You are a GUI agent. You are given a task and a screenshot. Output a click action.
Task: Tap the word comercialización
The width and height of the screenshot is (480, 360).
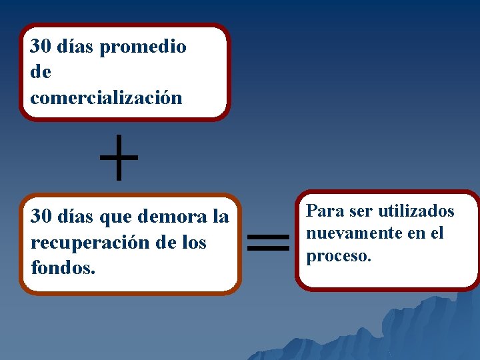[x=106, y=98]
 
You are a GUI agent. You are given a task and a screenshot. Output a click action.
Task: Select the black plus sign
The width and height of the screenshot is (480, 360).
[x=119, y=158]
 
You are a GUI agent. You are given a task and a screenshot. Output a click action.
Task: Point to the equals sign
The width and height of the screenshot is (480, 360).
[x=268, y=241]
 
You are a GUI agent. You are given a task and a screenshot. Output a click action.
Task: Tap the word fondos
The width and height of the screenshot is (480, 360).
[x=63, y=268]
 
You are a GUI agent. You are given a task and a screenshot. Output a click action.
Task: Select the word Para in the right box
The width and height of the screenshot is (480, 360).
[x=321, y=211]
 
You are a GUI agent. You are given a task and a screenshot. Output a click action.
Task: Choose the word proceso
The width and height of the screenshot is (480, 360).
[x=338, y=257]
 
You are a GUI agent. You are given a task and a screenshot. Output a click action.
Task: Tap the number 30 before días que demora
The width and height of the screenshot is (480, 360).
[x=41, y=217]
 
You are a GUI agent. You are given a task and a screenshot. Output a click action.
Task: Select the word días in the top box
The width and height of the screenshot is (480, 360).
[x=75, y=47]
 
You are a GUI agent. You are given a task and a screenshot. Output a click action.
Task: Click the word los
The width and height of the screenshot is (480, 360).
[x=194, y=243]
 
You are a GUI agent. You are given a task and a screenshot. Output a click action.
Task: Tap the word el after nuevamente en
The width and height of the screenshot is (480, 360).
[x=437, y=233]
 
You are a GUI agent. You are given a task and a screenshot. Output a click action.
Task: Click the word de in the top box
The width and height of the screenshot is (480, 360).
[x=41, y=72]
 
